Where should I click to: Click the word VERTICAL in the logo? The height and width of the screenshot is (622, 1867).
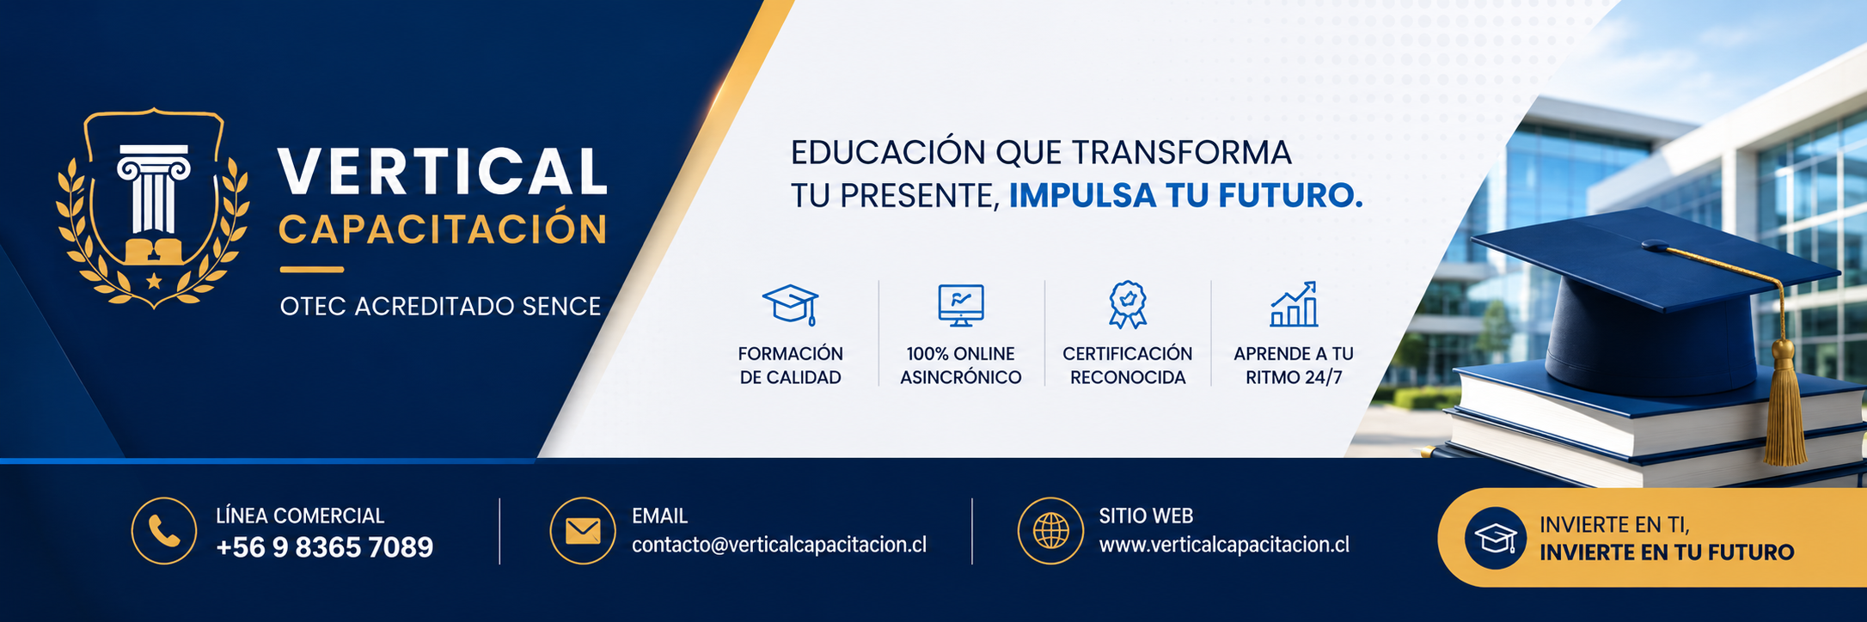[x=443, y=171]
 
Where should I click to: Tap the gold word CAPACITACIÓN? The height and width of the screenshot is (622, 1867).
[x=444, y=229]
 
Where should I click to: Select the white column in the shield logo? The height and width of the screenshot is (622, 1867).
[x=154, y=189]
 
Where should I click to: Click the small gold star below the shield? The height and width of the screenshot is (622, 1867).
[x=154, y=281]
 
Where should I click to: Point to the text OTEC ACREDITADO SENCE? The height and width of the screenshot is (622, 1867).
[x=440, y=307]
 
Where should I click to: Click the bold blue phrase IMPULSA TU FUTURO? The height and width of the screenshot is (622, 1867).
[x=1185, y=196]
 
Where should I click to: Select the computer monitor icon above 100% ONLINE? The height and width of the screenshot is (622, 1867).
[x=961, y=305]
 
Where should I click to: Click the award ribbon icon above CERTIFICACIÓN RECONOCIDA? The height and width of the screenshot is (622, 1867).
[x=1128, y=305]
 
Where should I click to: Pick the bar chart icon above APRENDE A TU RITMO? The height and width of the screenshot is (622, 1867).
[x=1294, y=304]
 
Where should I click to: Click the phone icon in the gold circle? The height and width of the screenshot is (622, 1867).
[x=164, y=531]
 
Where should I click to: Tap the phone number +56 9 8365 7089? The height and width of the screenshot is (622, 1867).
[x=325, y=547]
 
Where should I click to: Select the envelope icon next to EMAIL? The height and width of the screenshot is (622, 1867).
[x=583, y=531]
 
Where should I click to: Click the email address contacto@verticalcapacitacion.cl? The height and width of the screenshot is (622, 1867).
[x=779, y=545]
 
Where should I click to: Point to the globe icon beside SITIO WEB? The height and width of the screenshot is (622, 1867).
[x=1050, y=531]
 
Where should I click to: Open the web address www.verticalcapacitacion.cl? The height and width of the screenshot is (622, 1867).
[x=1224, y=545]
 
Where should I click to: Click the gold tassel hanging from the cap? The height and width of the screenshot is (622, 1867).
[x=1785, y=404]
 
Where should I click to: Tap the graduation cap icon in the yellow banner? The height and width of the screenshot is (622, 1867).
[x=1496, y=539]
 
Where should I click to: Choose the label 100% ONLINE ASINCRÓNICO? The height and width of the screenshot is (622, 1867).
[x=961, y=365]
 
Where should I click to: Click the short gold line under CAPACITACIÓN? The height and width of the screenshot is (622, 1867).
[x=311, y=270]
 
